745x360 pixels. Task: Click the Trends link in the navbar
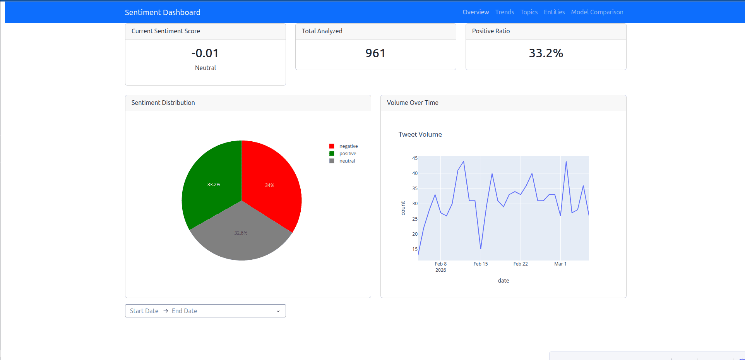click(505, 12)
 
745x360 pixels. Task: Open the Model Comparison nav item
click(597, 12)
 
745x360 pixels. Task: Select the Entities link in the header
click(554, 12)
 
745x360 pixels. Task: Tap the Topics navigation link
click(529, 12)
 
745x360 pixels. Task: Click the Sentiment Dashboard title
click(163, 12)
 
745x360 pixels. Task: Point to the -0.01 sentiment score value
click(205, 53)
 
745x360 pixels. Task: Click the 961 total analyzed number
click(375, 53)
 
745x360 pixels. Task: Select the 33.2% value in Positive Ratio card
click(546, 53)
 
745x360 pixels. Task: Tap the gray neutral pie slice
click(241, 236)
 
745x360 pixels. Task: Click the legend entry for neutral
click(347, 161)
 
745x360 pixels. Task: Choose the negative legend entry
click(348, 146)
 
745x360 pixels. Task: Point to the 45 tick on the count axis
click(415, 158)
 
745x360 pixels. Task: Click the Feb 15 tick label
click(481, 264)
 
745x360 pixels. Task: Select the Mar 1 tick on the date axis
click(560, 264)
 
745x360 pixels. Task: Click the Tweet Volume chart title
click(420, 134)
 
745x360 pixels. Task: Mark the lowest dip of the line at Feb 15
click(481, 249)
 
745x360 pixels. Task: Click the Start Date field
click(144, 311)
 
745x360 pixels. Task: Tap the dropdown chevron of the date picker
click(278, 311)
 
